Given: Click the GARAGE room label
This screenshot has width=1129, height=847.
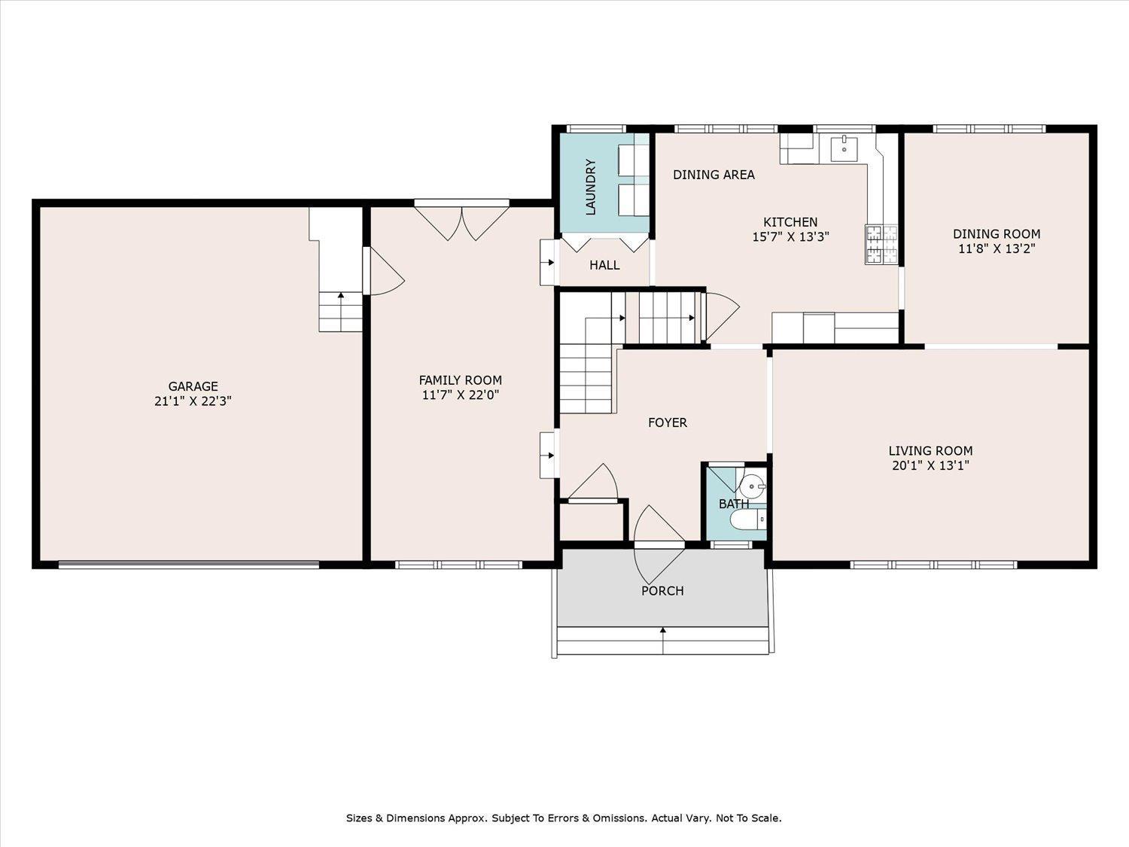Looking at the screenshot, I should [193, 386].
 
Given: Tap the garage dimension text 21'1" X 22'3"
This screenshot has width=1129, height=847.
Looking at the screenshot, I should [193, 401].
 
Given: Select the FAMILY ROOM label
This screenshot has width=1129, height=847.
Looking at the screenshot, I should [460, 380].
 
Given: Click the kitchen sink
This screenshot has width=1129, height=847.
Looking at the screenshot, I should [845, 148].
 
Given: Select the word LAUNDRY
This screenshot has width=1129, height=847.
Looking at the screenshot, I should [591, 187].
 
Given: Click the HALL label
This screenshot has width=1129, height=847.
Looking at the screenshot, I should [604, 265].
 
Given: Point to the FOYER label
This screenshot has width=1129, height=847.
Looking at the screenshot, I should [668, 422].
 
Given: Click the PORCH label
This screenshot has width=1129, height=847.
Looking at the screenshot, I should [662, 591].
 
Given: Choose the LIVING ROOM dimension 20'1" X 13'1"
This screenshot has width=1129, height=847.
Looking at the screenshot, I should [930, 465].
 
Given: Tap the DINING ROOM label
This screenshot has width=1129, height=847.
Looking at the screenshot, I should [997, 234].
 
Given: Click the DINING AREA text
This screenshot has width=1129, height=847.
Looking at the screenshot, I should [714, 175].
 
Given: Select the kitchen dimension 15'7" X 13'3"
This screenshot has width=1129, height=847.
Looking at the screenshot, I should [790, 236].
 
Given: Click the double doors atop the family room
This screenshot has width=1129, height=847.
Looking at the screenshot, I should [462, 221].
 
